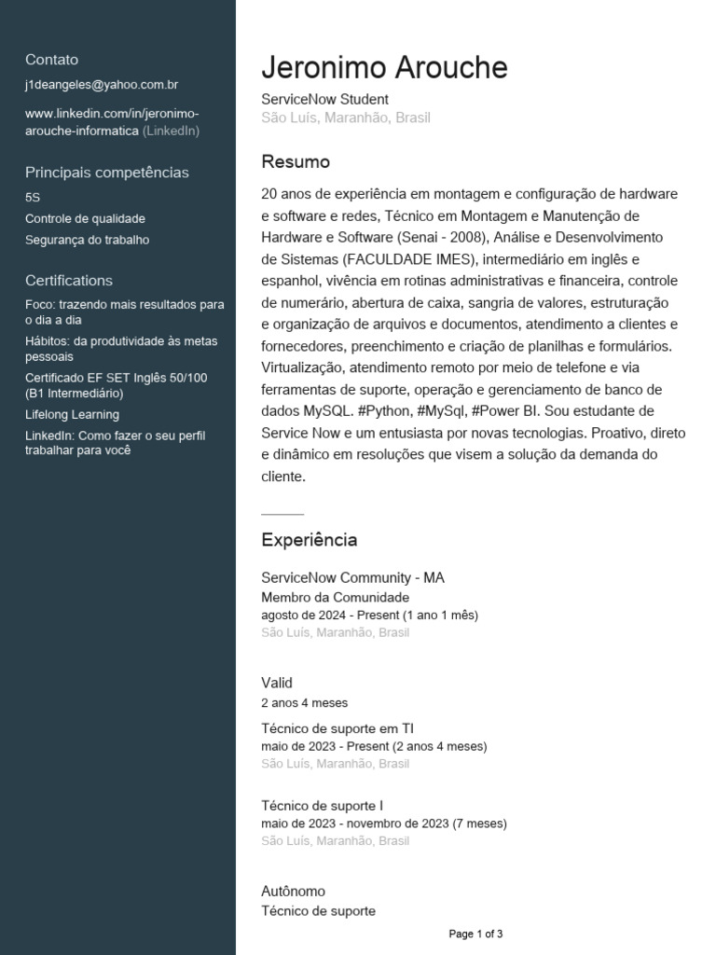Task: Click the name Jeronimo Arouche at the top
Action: pos(384,68)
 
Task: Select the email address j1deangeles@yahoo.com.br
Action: pos(102,85)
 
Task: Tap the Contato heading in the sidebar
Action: pos(52,60)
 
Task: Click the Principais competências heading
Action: pos(107,173)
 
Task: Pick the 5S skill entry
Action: pos(34,198)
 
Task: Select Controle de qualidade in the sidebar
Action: pos(85,218)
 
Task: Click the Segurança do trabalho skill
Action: pos(88,240)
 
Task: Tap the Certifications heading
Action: pos(69,281)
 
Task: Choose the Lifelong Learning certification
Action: pos(73,415)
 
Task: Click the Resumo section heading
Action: pos(296,162)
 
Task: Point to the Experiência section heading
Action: pos(309,540)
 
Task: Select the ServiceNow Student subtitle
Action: pos(324,99)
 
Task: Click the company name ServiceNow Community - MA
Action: pos(352,578)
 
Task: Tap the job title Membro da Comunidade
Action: pos(335,597)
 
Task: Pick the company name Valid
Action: pos(277,683)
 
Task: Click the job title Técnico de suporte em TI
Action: pos(337,727)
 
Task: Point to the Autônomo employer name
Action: pos(293,892)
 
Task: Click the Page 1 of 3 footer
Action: pos(475,934)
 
